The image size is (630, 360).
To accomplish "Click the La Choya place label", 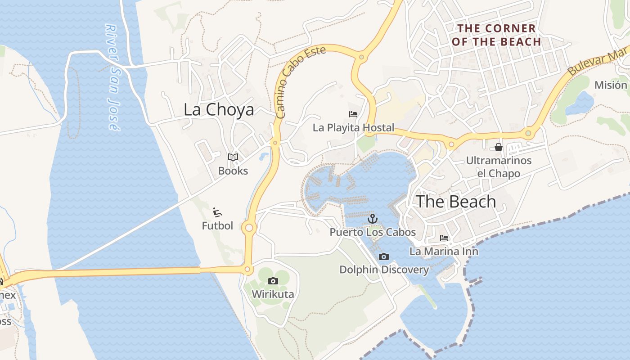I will point(219,110).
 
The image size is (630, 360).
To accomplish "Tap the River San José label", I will point(112,77).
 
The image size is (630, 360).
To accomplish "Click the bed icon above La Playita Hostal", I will point(353,114).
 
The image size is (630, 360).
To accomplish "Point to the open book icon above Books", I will point(233,157).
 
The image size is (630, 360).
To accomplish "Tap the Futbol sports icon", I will point(217,212).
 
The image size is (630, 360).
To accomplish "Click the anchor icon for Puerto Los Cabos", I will point(372,219).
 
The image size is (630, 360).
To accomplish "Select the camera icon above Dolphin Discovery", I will point(384,256).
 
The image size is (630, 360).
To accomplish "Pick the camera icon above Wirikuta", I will point(273,281).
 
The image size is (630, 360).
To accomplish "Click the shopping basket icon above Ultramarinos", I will point(499,147).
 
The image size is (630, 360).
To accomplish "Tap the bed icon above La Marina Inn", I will point(444,238).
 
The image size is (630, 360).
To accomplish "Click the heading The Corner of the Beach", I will point(496,35).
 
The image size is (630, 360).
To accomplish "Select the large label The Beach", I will point(455,202).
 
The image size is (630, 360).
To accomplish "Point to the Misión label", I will point(611,85).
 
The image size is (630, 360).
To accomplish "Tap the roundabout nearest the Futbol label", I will point(249,228).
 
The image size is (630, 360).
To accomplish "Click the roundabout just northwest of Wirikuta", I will point(247,270).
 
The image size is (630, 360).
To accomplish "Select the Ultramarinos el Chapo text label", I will point(499,167).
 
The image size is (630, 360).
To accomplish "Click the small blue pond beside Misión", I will point(580,103).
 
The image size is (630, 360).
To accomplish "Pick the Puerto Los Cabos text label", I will point(373,232).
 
